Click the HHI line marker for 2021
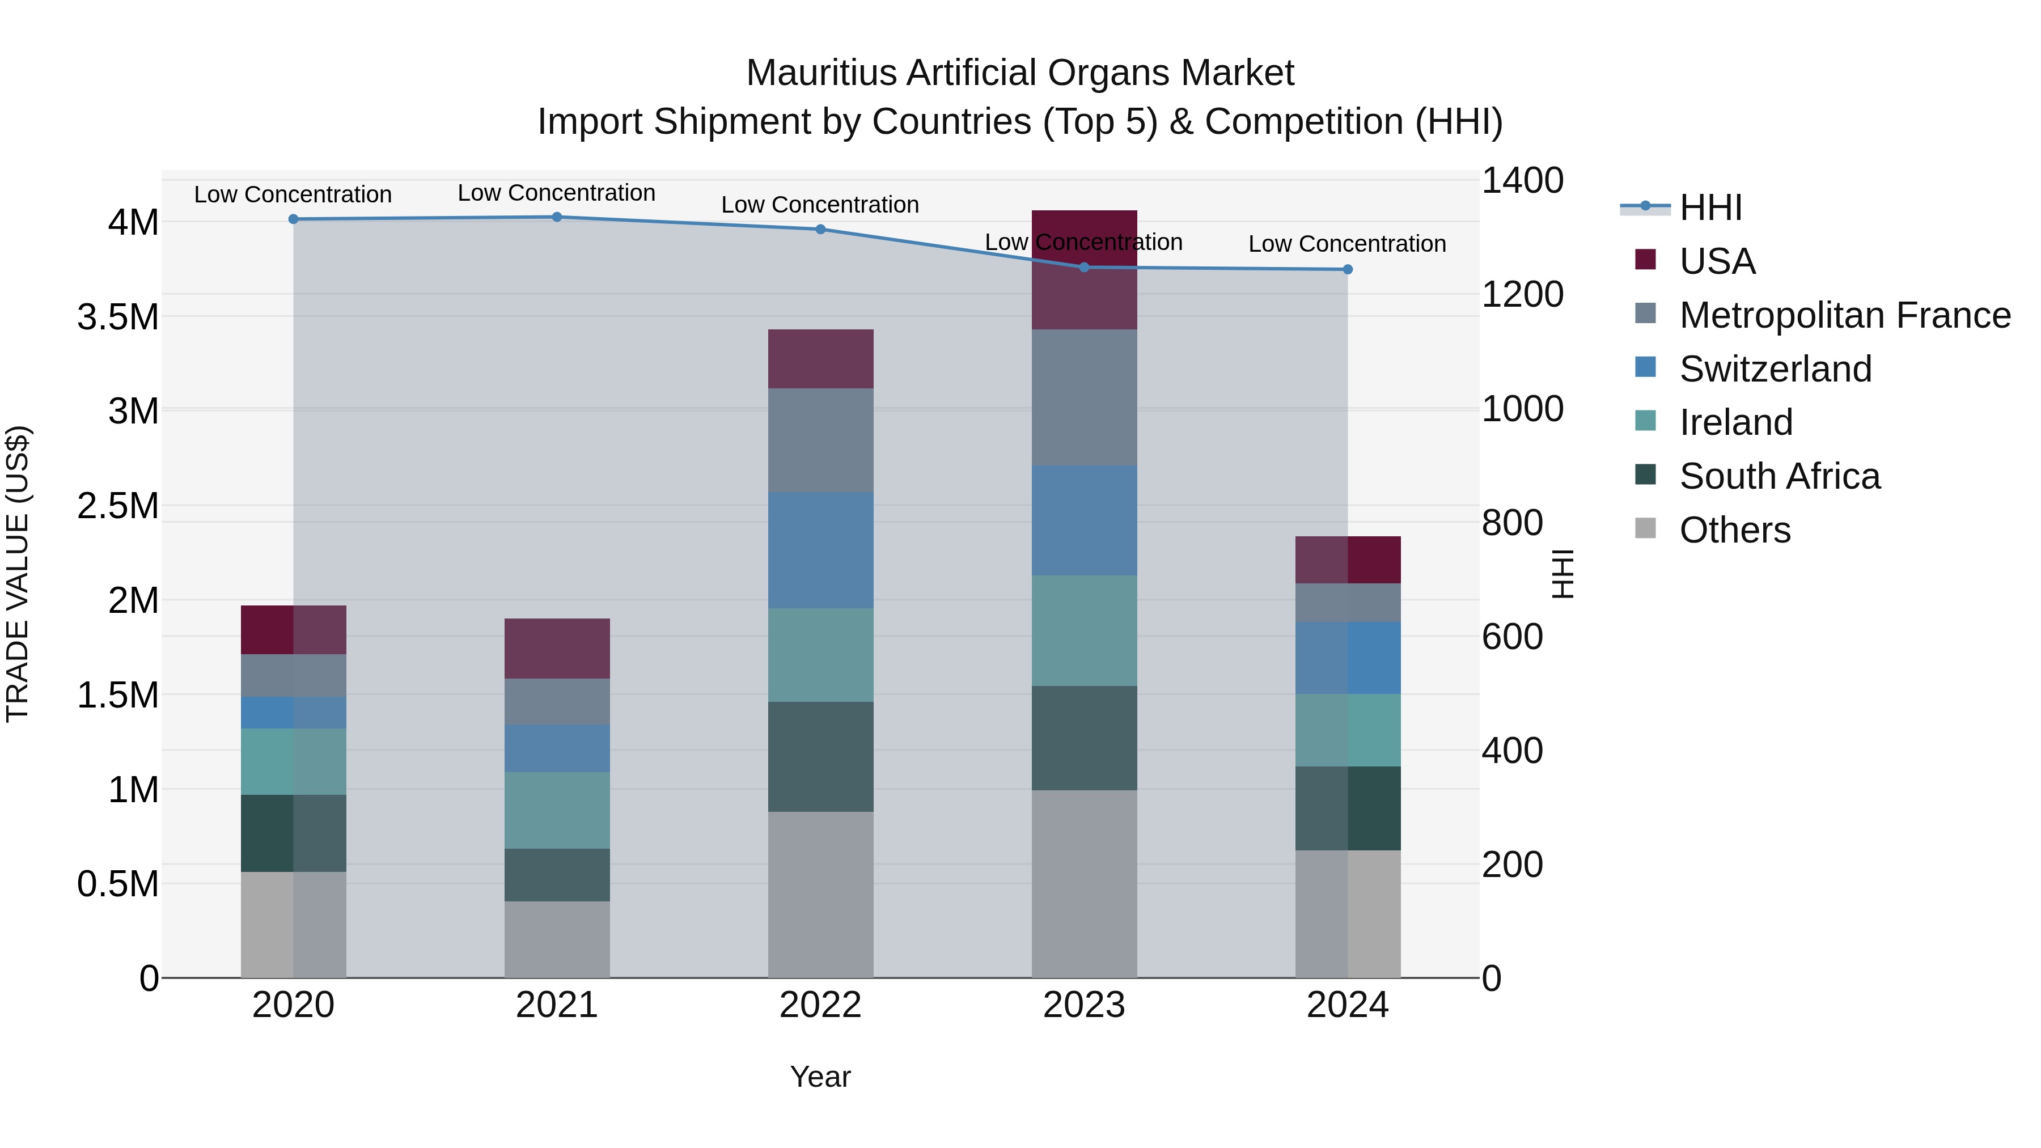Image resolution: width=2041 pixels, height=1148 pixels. pyautogui.click(x=556, y=217)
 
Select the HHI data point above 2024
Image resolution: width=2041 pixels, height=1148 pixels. pyautogui.click(x=1347, y=269)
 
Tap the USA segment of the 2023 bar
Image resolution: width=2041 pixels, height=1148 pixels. pyautogui.click(x=1084, y=269)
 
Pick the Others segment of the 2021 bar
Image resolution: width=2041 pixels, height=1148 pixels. pyautogui.click(x=556, y=939)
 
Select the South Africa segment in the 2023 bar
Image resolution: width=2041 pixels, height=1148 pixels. pyautogui.click(x=1084, y=738)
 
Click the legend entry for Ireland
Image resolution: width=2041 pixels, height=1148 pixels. pyautogui.click(x=1735, y=422)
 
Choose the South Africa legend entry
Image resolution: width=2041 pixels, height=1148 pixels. pyautogui.click(x=1779, y=476)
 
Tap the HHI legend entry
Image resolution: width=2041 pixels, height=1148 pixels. pyautogui.click(x=1710, y=207)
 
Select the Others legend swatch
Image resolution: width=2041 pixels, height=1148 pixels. pyautogui.click(x=1646, y=528)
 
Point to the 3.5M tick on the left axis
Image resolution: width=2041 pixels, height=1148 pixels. pyautogui.click(x=118, y=317)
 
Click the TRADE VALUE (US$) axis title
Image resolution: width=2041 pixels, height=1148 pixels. pyautogui.click(x=18, y=574)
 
